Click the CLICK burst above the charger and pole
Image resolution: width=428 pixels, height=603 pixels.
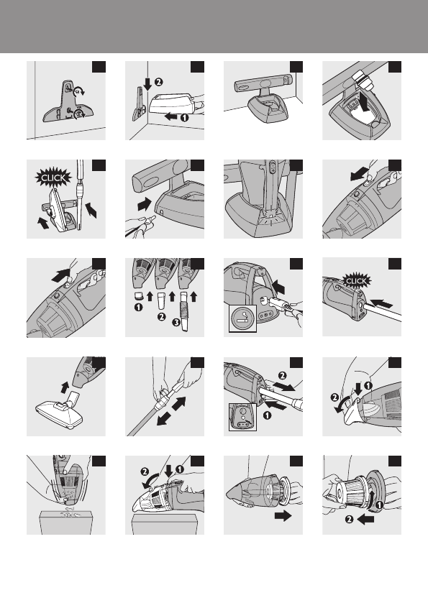tap(53, 178)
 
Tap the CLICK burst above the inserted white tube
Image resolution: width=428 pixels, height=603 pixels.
tap(356, 281)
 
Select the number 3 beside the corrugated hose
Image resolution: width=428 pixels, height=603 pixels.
tap(176, 322)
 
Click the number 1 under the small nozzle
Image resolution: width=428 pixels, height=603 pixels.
tap(138, 308)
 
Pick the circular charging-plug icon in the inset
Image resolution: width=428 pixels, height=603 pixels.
tap(242, 318)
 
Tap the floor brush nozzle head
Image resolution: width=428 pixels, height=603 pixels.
tap(60, 413)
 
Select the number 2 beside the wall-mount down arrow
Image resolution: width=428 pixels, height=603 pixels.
tap(158, 82)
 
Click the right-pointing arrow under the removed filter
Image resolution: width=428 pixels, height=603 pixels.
tap(283, 516)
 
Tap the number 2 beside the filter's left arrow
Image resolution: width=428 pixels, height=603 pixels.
tap(349, 519)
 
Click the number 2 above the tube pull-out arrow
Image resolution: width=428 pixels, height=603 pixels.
tap(283, 375)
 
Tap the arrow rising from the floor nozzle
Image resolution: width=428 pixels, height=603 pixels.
tap(65, 387)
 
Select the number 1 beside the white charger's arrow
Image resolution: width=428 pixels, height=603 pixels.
tap(184, 117)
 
